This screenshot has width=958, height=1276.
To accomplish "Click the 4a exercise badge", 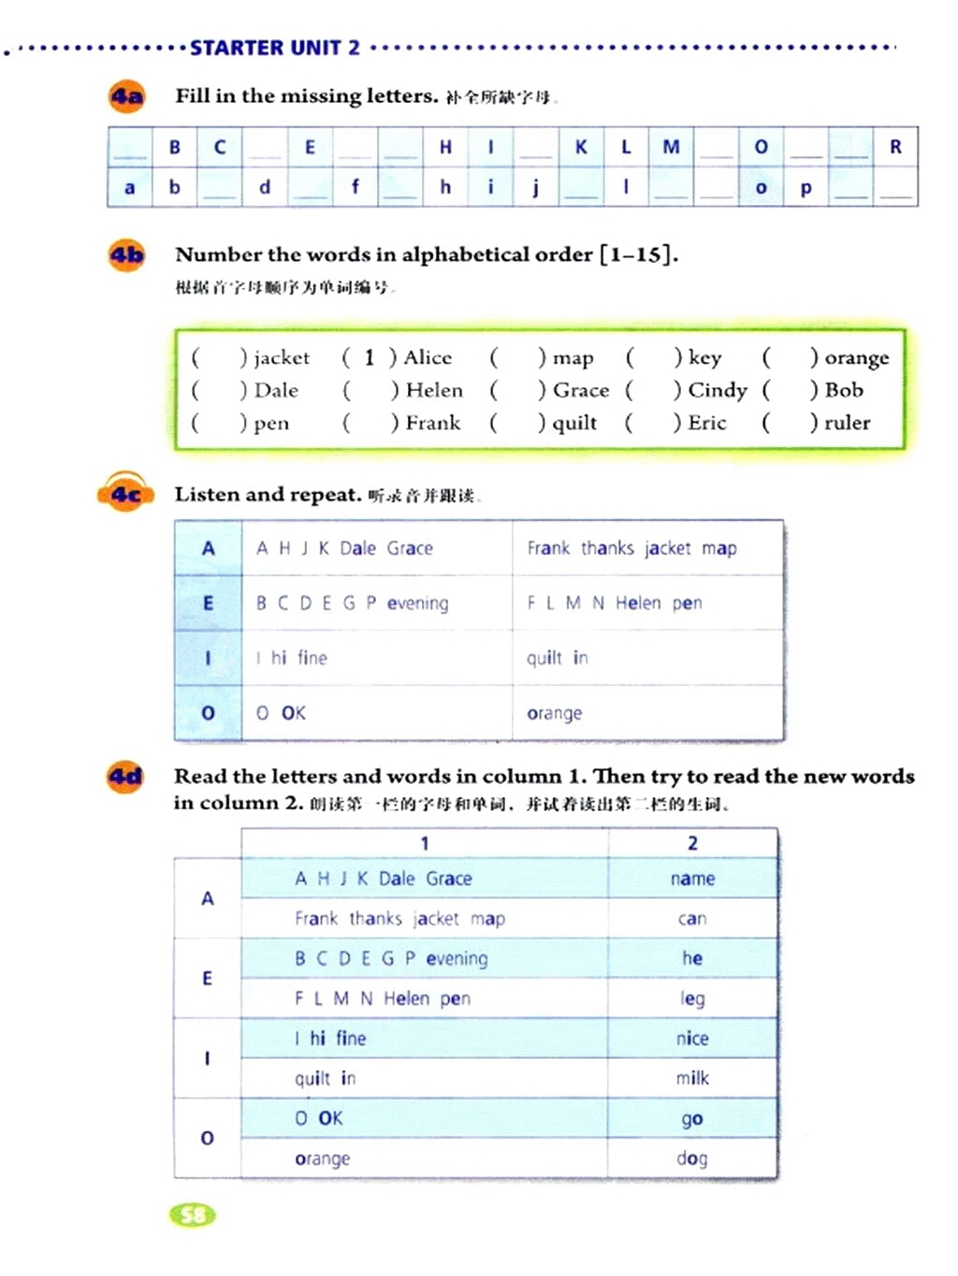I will pyautogui.click(x=127, y=97).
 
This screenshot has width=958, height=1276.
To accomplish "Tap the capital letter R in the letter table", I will pyautogui.click(x=895, y=147).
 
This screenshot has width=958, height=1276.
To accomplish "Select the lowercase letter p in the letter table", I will pyautogui.click(x=806, y=188).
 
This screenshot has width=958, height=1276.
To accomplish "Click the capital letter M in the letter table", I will pyautogui.click(x=671, y=147).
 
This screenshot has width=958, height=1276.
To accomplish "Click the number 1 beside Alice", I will pyautogui.click(x=370, y=357).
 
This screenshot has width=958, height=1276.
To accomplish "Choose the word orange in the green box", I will pyautogui.click(x=856, y=358).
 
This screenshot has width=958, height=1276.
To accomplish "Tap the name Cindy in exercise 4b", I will pyautogui.click(x=718, y=390).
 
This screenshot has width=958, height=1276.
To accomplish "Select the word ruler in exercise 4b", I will pyautogui.click(x=847, y=423).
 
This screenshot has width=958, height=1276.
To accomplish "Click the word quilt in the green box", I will pyautogui.click(x=574, y=423).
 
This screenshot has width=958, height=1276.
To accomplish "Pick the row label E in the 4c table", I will pyautogui.click(x=208, y=603).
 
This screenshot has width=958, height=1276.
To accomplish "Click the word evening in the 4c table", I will pyautogui.click(x=417, y=603).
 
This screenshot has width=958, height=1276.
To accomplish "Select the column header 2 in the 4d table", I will pyautogui.click(x=692, y=843).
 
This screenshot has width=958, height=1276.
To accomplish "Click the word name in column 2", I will pyautogui.click(x=692, y=878).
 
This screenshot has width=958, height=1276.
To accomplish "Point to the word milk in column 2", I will pyautogui.click(x=692, y=1078).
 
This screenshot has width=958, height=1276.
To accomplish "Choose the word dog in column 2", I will pyautogui.click(x=692, y=1158).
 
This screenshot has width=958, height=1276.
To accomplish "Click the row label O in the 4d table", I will pyautogui.click(x=208, y=1138).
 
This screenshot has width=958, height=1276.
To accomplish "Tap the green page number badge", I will pyautogui.click(x=193, y=1215).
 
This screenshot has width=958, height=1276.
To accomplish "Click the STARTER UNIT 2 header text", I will pyautogui.click(x=275, y=48).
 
